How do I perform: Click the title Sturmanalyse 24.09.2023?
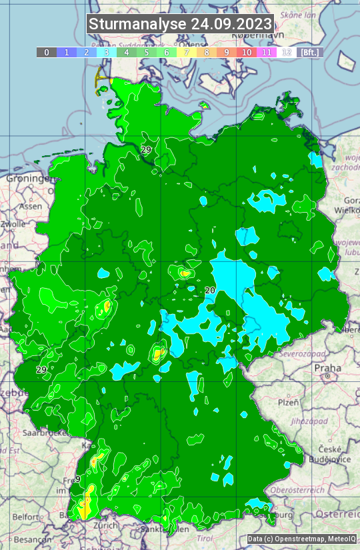click(180, 24)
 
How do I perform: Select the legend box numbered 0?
click(47, 52)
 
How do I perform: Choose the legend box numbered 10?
click(247, 52)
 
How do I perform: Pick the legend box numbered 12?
click(287, 52)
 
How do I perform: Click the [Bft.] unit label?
click(309, 52)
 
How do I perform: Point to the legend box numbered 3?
click(107, 52)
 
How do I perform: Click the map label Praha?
click(327, 368)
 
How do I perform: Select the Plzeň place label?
click(288, 403)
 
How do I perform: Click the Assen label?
click(30, 207)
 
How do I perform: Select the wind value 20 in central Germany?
click(210, 290)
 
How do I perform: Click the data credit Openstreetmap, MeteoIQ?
click(301, 539)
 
